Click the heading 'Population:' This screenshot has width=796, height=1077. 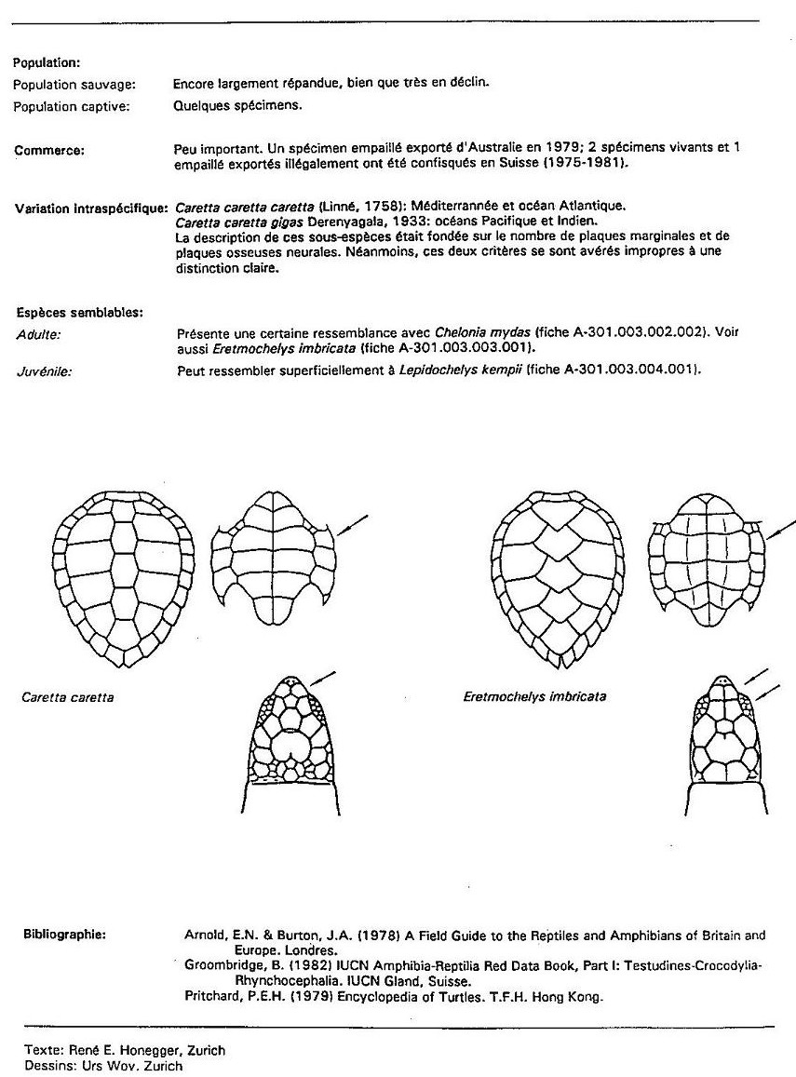(47, 63)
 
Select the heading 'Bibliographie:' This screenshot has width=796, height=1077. (60, 934)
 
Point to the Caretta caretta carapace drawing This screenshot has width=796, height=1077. (123, 578)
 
